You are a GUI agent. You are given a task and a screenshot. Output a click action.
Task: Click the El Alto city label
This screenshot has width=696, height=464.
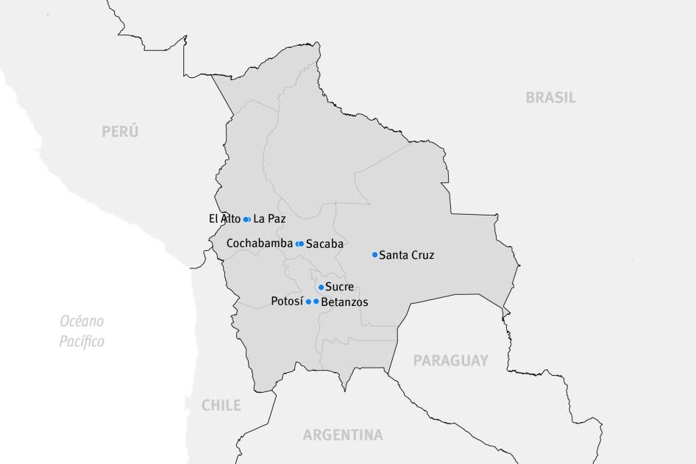pyautogui.click(x=224, y=218)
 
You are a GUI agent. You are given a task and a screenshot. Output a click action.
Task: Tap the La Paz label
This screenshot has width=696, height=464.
pyautogui.click(x=269, y=218)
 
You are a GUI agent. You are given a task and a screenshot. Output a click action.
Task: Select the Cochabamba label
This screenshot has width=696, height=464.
pyautogui.click(x=259, y=243)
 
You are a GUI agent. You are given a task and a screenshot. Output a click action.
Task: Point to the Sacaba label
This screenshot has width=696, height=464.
pyautogui.click(x=324, y=243)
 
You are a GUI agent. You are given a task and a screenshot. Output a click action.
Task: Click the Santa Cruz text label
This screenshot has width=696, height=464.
pyautogui.click(x=406, y=255)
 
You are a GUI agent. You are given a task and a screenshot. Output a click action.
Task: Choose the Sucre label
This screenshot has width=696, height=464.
pyautogui.click(x=339, y=287)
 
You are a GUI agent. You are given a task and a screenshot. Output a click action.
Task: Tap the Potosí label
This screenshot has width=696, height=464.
pyautogui.click(x=287, y=301)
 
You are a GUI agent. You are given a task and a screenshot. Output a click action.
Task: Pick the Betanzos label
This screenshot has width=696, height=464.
pyautogui.click(x=345, y=301)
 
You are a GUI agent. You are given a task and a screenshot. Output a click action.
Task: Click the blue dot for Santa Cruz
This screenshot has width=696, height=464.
pyautogui.click(x=374, y=255)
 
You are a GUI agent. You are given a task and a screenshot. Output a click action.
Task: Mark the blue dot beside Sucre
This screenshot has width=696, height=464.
pyautogui.click(x=321, y=288)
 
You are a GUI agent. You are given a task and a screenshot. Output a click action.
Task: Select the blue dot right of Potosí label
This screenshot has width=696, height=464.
pyautogui.click(x=308, y=301)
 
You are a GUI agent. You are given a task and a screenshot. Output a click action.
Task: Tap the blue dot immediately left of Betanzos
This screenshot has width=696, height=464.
pyautogui.click(x=316, y=301)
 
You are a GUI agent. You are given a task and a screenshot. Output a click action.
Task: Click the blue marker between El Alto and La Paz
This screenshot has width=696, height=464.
pyautogui.click(x=247, y=219)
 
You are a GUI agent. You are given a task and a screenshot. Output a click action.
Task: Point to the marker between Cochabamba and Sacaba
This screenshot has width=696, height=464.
pyautogui.click(x=299, y=243)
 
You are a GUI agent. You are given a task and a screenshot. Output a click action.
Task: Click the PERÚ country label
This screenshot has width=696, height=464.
pyautogui.click(x=120, y=132)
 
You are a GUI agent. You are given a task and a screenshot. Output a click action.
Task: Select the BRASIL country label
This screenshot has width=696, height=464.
pyautogui.click(x=550, y=97)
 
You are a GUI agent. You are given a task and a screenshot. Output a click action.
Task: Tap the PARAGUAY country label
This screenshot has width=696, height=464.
pyautogui.click(x=450, y=360)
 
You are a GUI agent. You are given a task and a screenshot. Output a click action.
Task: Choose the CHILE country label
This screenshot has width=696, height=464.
pyautogui.click(x=221, y=405)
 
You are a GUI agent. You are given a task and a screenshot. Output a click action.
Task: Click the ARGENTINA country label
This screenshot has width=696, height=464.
pyautogui.click(x=343, y=435)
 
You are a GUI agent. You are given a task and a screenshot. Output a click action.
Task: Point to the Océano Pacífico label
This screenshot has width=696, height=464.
pyautogui.click(x=82, y=331)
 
